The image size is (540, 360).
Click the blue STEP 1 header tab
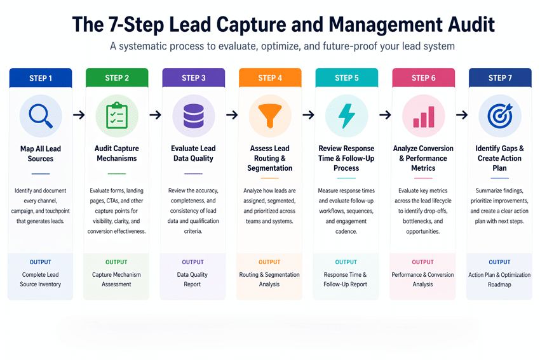(x=41, y=78)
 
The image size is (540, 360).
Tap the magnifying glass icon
(x=41, y=116)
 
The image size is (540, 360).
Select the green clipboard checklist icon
(x=117, y=116)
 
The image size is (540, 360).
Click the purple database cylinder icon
(x=193, y=116)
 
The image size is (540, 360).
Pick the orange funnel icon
(x=269, y=116)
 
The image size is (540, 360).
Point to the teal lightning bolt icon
(x=346, y=116)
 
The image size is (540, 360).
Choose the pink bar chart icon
(x=423, y=116)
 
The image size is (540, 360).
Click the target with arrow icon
(x=499, y=116)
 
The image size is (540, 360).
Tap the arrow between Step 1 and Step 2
(x=79, y=115)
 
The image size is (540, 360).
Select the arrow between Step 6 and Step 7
(x=462, y=115)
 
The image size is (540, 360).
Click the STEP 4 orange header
(x=269, y=78)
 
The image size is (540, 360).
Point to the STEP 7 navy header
(x=499, y=78)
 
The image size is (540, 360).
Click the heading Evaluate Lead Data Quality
(x=193, y=154)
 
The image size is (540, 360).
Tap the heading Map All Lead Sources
(x=41, y=154)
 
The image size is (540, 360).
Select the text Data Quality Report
(x=192, y=279)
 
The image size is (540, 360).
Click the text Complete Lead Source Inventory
(x=41, y=279)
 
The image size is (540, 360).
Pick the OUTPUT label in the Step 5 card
(x=346, y=262)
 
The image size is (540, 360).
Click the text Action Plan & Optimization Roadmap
(x=499, y=279)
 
